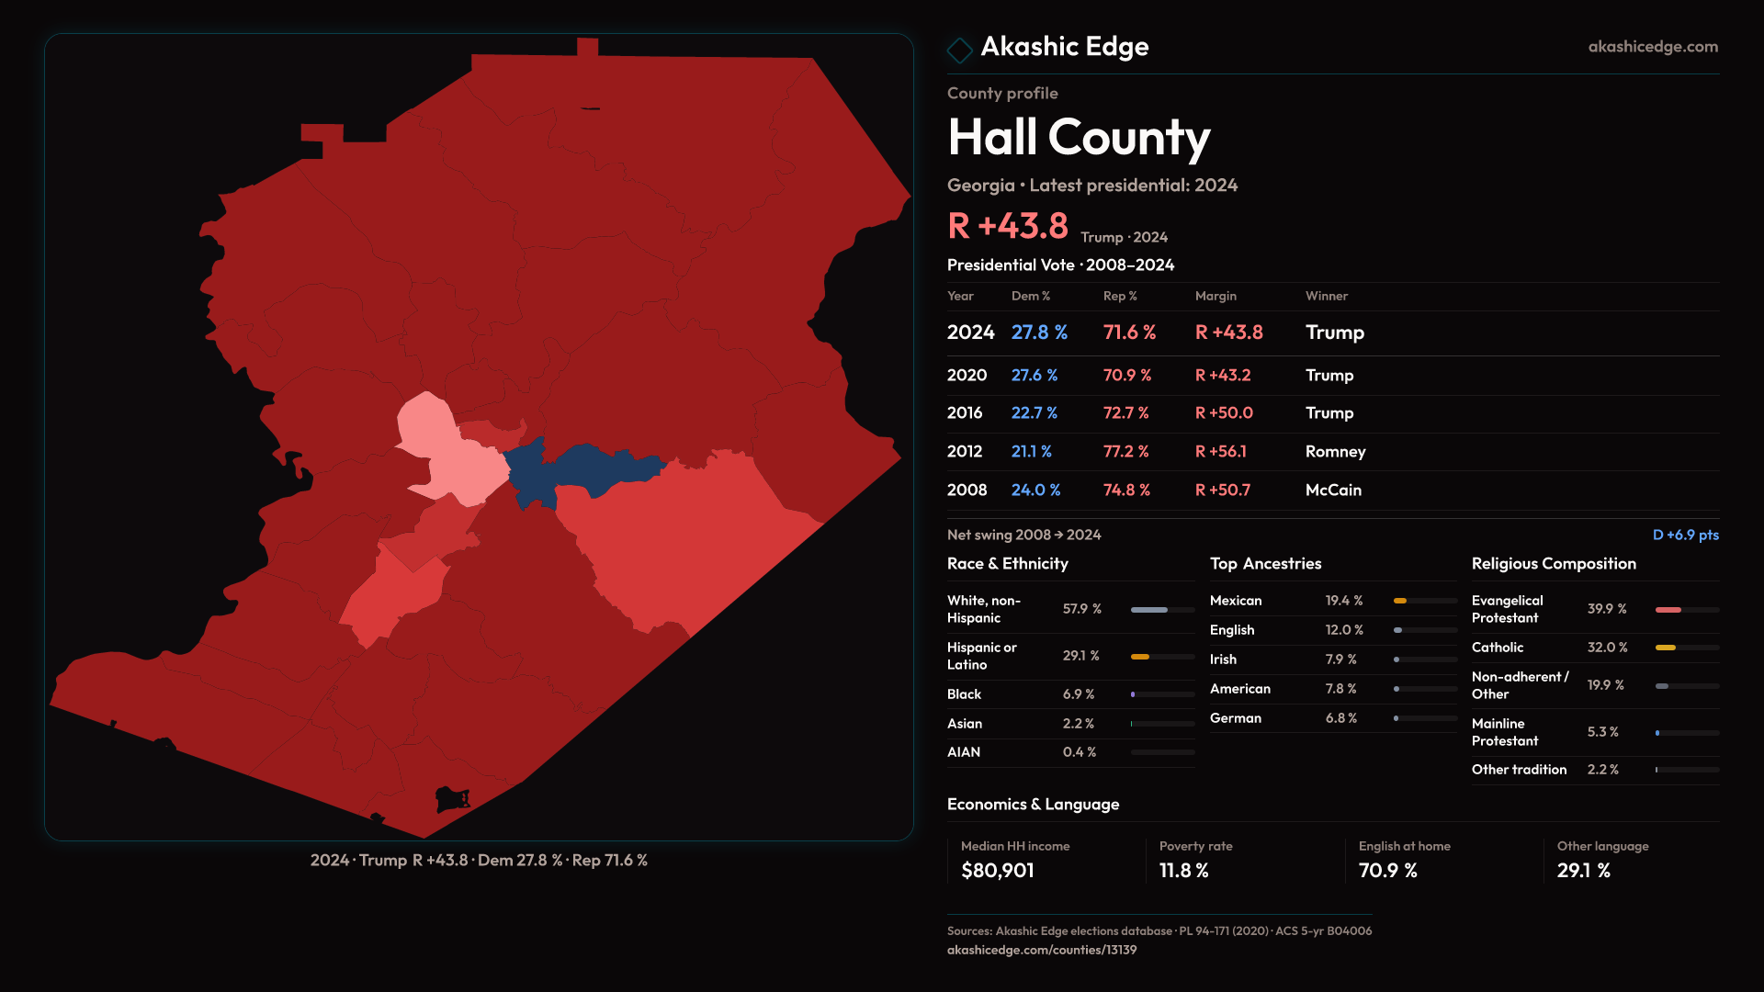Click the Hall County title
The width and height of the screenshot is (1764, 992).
(x=1079, y=138)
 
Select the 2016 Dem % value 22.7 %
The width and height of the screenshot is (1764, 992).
(x=1034, y=413)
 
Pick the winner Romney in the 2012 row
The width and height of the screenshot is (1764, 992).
(x=1335, y=452)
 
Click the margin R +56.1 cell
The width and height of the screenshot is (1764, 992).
(x=1220, y=452)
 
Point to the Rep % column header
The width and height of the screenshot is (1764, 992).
(x=1120, y=296)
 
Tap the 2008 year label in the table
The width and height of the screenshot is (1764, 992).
(x=967, y=490)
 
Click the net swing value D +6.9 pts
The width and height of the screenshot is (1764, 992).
(x=1685, y=535)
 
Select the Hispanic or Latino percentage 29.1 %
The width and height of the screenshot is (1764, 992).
(x=1080, y=656)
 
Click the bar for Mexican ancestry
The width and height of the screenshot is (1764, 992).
(x=1425, y=601)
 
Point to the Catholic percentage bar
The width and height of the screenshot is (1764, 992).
(x=1687, y=648)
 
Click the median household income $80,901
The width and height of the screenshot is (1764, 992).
(x=997, y=871)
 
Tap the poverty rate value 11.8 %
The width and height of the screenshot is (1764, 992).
(x=1183, y=871)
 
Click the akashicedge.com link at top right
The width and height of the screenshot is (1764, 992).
(x=1653, y=47)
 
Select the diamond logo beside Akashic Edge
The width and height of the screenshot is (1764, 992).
(x=959, y=51)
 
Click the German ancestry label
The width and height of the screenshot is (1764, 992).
(x=1235, y=718)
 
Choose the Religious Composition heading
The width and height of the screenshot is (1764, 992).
(x=1554, y=564)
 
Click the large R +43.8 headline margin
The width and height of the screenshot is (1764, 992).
(x=1008, y=226)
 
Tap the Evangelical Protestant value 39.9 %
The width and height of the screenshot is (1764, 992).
(x=1607, y=609)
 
